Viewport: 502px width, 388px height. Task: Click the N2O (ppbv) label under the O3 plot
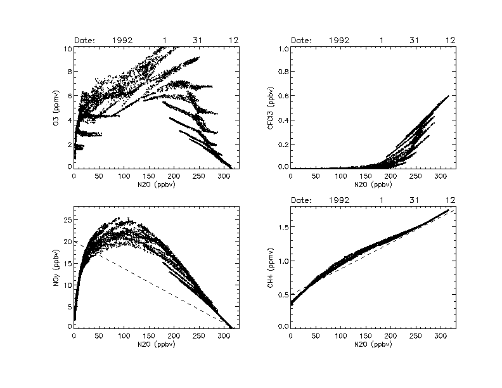pyautogui.click(x=155, y=186)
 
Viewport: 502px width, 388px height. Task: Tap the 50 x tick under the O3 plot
pyautogui.click(x=99, y=177)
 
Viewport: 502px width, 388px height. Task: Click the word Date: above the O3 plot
pyautogui.click(x=84, y=41)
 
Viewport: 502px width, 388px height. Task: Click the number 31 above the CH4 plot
pyautogui.click(x=414, y=200)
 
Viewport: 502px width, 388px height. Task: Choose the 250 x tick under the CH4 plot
pyautogui.click(x=415, y=336)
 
